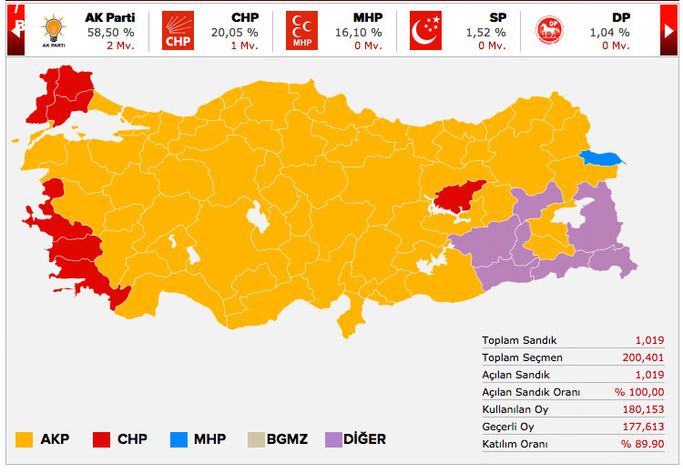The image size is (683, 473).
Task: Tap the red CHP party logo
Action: (x=178, y=30)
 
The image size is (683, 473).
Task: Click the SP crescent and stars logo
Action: (x=424, y=30)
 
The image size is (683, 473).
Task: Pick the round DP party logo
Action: (x=548, y=30)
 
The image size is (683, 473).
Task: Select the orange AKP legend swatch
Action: (x=25, y=439)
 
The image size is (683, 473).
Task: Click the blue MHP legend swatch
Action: (x=178, y=439)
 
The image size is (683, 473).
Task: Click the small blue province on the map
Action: (x=601, y=157)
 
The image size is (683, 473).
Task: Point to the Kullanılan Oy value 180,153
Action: (x=644, y=408)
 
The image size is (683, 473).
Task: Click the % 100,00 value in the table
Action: (x=639, y=392)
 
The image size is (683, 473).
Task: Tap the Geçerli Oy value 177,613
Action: (x=644, y=426)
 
